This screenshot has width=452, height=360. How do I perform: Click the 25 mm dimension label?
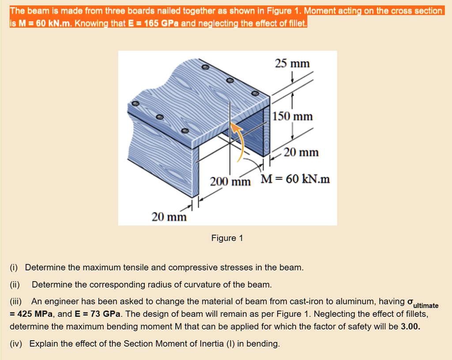(x=292, y=64)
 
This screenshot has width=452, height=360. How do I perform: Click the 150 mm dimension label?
(x=293, y=116)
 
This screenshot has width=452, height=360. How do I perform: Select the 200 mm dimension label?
(x=230, y=181)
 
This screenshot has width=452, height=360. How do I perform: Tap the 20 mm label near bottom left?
(x=169, y=217)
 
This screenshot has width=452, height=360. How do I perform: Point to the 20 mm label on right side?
(x=301, y=153)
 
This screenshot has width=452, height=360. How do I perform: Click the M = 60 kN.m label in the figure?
(x=295, y=179)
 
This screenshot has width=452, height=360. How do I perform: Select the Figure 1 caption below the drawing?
(x=227, y=238)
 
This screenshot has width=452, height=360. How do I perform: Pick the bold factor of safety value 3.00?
(x=411, y=327)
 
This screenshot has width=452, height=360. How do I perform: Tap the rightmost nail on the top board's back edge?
(x=254, y=94)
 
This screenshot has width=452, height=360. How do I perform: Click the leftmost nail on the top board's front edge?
(x=136, y=103)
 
